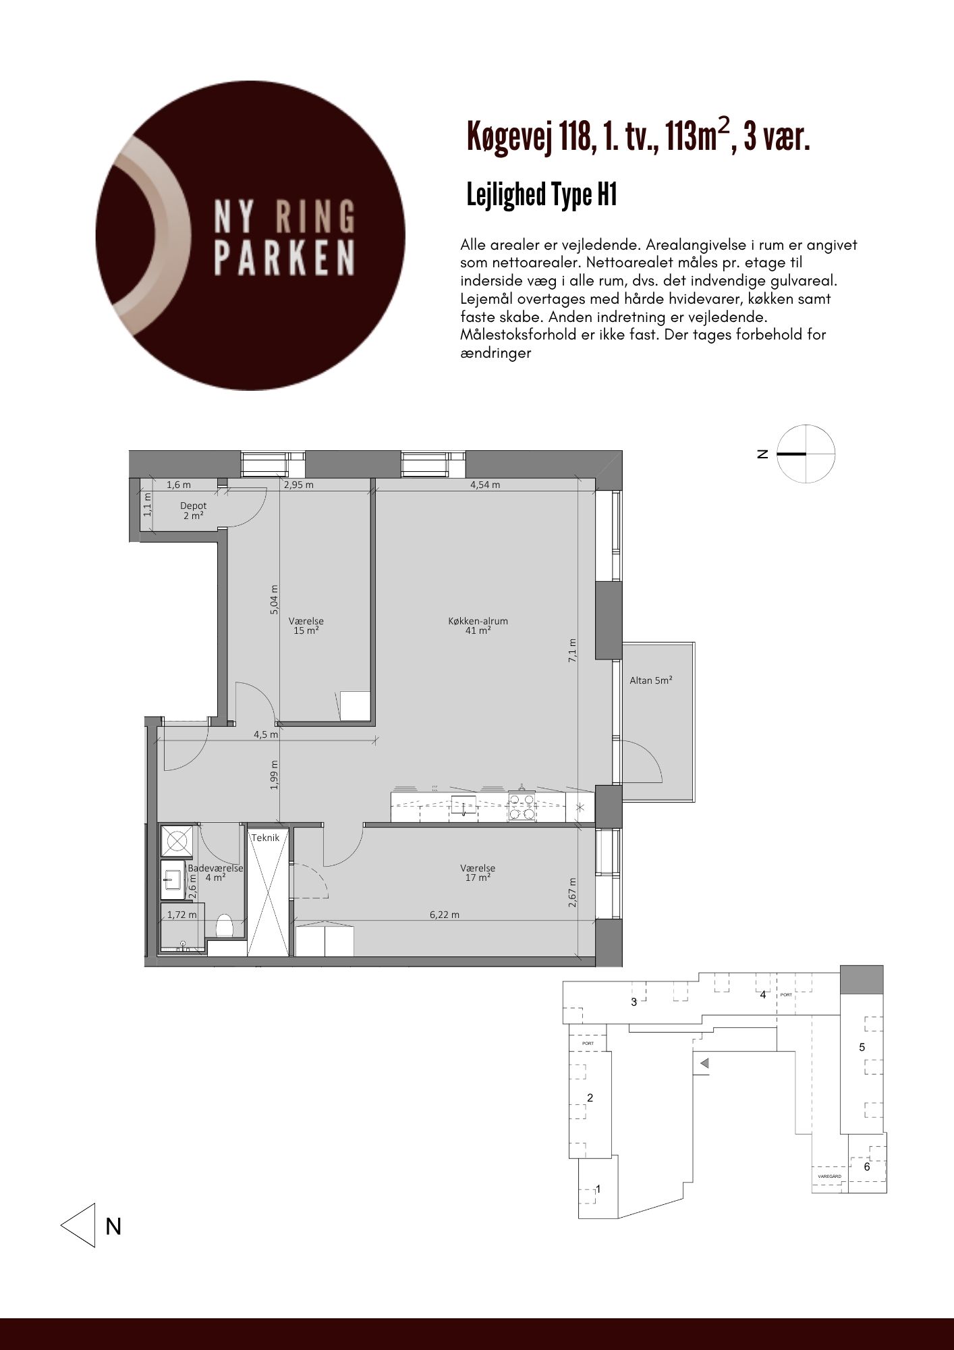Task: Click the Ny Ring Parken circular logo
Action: point(250,235)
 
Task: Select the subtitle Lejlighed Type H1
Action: point(542,195)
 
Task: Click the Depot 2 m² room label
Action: point(194,511)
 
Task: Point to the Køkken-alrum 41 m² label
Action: point(478,626)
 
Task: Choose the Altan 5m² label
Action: point(651,680)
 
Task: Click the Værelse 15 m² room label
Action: point(306,626)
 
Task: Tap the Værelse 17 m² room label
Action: point(478,873)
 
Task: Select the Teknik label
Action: point(265,838)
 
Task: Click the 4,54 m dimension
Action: point(486,485)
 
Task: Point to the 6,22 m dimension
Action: point(445,915)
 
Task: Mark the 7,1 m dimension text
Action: point(573,651)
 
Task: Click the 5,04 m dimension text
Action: point(274,599)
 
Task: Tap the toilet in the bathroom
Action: point(224,926)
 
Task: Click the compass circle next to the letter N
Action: point(806,454)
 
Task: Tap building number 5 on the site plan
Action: point(862,1048)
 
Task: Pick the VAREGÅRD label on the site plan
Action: point(829,1176)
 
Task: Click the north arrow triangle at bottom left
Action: point(78,1225)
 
